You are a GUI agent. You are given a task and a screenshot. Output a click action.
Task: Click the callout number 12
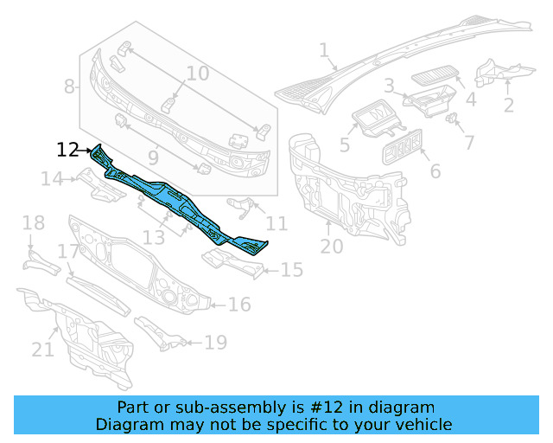click(67, 150)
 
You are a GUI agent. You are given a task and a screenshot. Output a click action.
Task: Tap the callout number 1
click(325, 52)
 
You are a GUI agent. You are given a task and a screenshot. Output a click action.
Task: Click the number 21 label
click(43, 350)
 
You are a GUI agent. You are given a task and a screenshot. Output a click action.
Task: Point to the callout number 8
click(70, 87)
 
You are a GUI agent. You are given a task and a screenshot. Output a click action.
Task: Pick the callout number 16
click(239, 305)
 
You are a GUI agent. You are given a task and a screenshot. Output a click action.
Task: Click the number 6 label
click(435, 171)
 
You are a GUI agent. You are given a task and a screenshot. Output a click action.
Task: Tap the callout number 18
click(33, 224)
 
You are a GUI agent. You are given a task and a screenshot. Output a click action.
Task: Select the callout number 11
click(276, 224)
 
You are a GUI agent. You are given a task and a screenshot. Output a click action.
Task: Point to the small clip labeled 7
click(452, 119)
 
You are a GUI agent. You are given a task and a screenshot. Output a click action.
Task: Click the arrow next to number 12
click(87, 151)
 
